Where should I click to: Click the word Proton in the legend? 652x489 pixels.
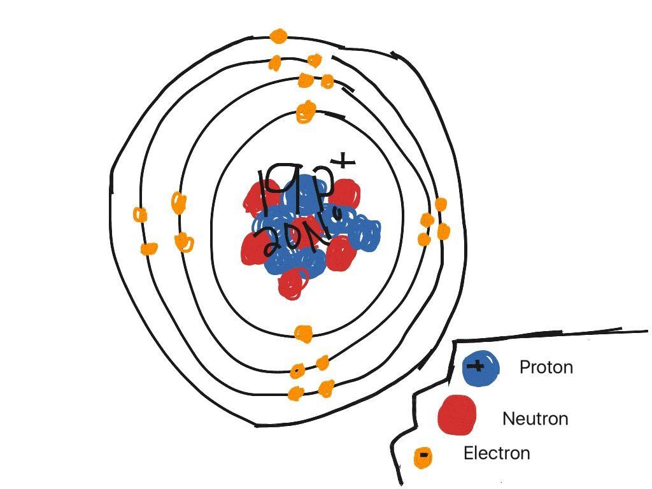click(x=546, y=367)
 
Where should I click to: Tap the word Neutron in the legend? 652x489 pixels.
click(x=535, y=419)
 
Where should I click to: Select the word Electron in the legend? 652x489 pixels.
click(x=496, y=453)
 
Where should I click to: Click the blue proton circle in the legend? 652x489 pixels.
click(x=480, y=369)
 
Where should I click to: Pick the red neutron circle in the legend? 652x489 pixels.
click(x=457, y=415)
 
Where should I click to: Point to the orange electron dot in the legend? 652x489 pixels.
click(x=422, y=457)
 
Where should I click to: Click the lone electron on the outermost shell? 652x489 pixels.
click(x=278, y=36)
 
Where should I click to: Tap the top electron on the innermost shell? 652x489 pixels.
click(x=306, y=112)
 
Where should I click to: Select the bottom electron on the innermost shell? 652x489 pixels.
click(x=304, y=334)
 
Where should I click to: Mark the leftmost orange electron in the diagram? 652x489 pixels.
click(x=140, y=215)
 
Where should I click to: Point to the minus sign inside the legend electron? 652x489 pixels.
click(x=422, y=456)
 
